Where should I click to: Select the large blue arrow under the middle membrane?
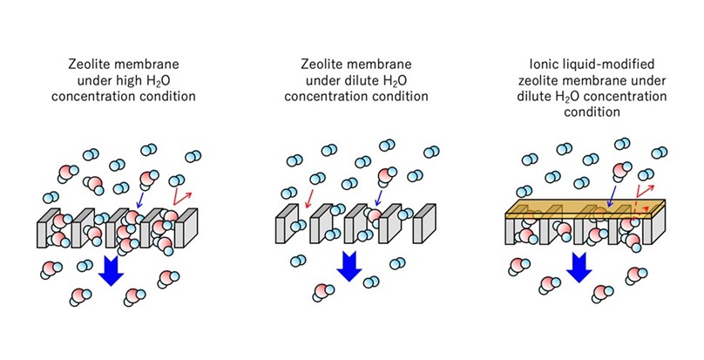(x=349, y=265)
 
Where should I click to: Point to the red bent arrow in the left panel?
(x=181, y=194)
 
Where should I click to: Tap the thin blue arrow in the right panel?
(x=615, y=195)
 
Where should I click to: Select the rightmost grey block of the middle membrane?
(x=423, y=228)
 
